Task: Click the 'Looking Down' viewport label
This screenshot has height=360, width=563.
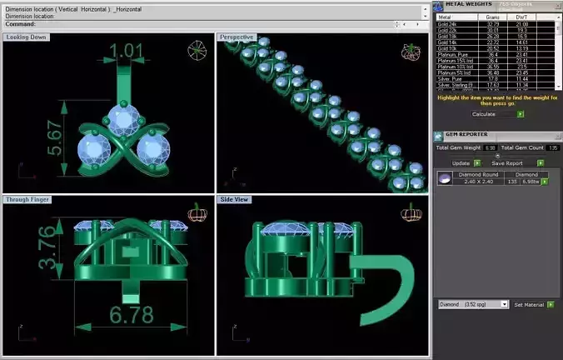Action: click(26, 37)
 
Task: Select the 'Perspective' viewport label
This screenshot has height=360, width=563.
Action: click(237, 37)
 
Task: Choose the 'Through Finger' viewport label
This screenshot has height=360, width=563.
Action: click(29, 200)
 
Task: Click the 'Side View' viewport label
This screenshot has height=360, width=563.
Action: click(237, 200)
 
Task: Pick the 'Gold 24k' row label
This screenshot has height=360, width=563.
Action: click(447, 25)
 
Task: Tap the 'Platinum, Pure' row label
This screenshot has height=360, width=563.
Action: click(451, 55)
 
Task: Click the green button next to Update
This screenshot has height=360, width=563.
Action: click(477, 163)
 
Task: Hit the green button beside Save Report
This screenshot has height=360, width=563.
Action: click(530, 163)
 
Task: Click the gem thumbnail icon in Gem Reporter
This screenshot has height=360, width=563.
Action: click(445, 178)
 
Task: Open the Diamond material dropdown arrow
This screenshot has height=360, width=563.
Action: click(506, 305)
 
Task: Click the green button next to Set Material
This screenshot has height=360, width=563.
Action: click(551, 305)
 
